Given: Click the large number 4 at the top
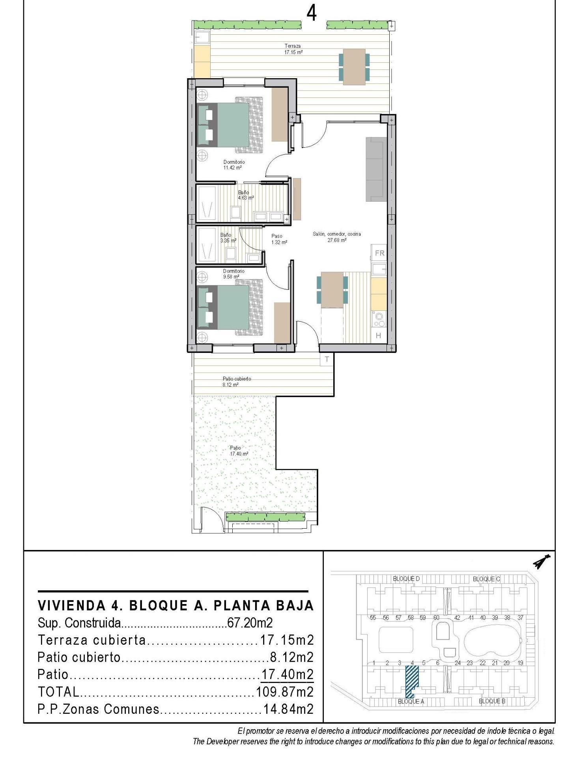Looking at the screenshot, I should [x=311, y=13].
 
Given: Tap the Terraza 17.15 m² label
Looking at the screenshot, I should [x=293, y=49].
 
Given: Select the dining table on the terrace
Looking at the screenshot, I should [x=354, y=66].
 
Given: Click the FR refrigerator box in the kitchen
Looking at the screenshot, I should [x=379, y=253].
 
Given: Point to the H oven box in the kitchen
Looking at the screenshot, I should [x=378, y=336].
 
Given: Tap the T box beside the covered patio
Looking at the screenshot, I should [x=327, y=359].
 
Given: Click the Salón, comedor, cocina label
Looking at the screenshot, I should [x=336, y=236].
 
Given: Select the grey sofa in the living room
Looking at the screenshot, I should [x=376, y=169].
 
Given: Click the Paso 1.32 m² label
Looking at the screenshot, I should [x=278, y=239].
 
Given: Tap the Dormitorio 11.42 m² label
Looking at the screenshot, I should [x=233, y=165].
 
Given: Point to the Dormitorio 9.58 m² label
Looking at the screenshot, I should [x=233, y=274].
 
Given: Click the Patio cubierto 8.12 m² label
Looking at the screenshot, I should [x=236, y=381].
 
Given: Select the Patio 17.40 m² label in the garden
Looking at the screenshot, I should [x=239, y=451].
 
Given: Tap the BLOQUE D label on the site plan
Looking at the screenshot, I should [x=406, y=579].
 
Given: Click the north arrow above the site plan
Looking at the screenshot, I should [x=542, y=562].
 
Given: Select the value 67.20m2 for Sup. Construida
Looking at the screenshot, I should [x=250, y=623].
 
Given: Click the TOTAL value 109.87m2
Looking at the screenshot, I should [x=284, y=691].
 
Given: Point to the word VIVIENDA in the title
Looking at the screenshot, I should [x=71, y=605].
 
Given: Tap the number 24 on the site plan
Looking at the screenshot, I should [x=457, y=663].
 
